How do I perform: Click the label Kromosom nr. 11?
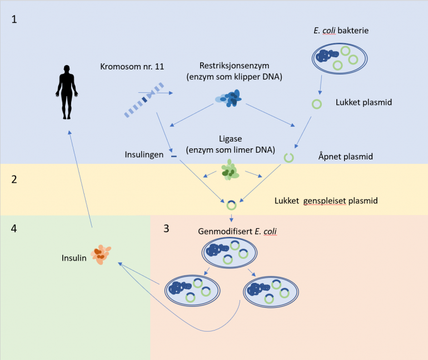[132, 67]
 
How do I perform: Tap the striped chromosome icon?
[144, 100]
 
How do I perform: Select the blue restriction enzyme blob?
[229, 98]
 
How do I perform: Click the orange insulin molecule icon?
[101, 254]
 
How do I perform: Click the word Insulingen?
[144, 154]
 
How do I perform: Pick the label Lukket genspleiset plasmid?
[326, 201]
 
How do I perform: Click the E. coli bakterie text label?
[341, 31]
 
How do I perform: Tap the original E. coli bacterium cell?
[340, 59]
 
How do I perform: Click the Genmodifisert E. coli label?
[237, 231]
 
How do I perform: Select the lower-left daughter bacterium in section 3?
[192, 291]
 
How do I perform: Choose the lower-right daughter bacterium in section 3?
[271, 292]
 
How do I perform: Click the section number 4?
[14, 228]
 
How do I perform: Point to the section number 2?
[14, 179]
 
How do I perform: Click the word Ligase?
[230, 139]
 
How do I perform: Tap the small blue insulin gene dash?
[174, 156]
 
